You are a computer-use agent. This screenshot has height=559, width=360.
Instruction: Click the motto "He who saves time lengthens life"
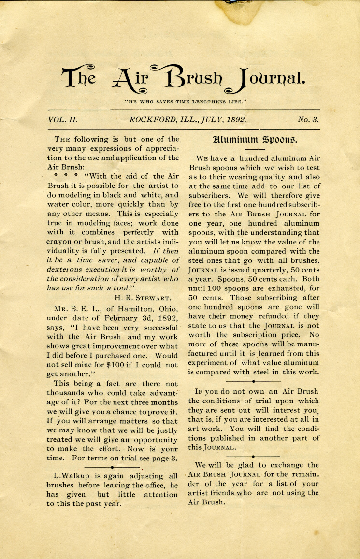186,101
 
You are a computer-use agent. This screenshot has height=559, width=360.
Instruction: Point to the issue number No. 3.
308,119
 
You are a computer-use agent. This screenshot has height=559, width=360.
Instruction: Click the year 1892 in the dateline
234,119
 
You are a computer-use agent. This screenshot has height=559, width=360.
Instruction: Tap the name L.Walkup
68,476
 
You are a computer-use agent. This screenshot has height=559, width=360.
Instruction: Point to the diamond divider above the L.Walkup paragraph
112,467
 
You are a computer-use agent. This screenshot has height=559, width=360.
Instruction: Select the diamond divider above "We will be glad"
253,455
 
